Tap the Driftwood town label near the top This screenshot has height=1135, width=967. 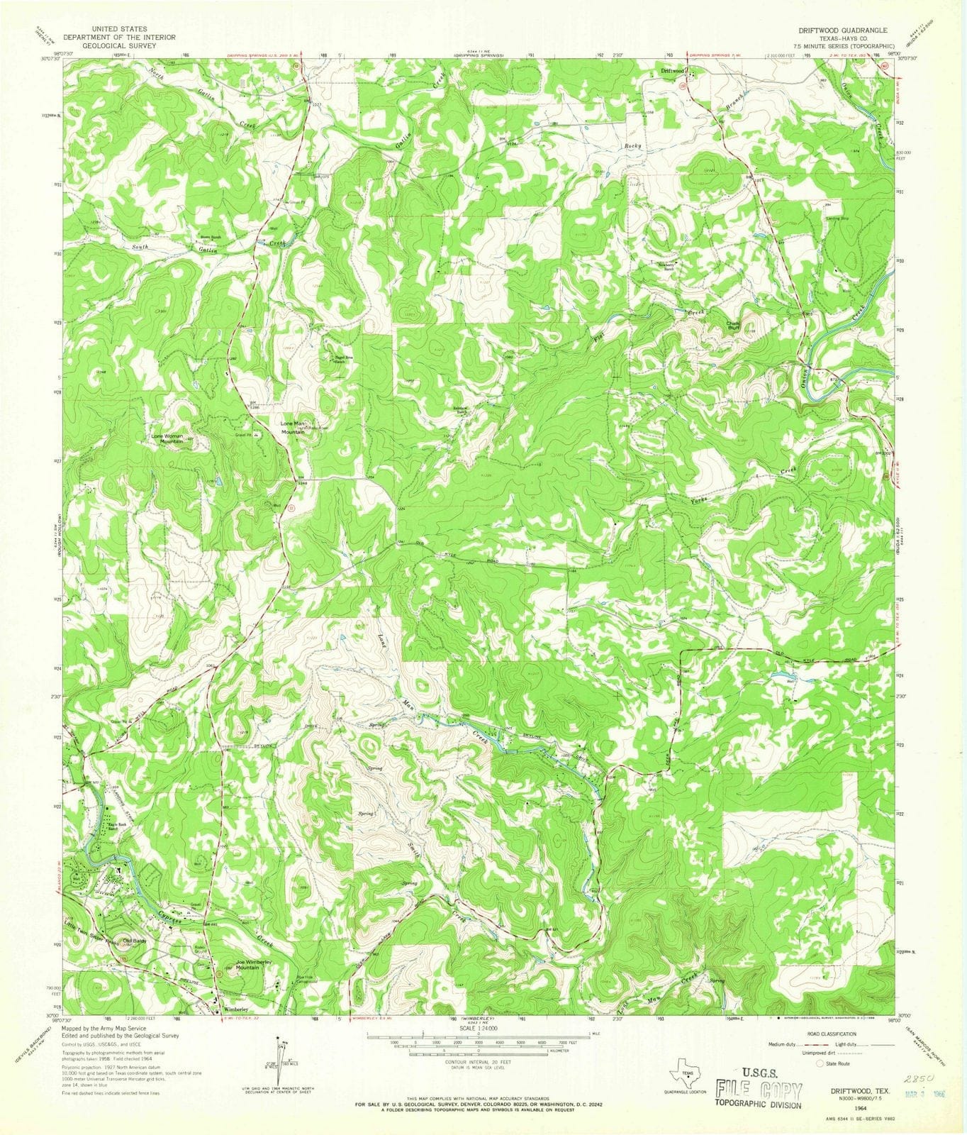(x=672, y=71)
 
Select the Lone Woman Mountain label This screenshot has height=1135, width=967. (x=167, y=438)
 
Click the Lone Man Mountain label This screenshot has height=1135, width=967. (x=294, y=427)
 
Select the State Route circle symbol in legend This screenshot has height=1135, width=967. (x=821, y=1063)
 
